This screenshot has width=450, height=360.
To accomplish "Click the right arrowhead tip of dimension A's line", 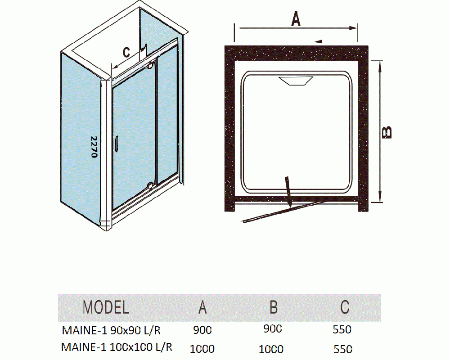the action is (357, 28).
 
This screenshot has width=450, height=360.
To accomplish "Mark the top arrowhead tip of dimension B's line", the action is (380, 61).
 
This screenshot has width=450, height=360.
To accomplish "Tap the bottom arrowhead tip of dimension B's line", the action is (380, 202).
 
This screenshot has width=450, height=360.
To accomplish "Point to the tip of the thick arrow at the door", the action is (290, 207).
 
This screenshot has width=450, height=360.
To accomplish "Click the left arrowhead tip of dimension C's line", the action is (112, 68).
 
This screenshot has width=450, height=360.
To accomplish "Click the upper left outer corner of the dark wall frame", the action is (225, 46).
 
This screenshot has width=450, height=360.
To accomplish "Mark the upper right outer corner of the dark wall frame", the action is (368, 46).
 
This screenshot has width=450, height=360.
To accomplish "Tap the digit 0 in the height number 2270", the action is (94, 155).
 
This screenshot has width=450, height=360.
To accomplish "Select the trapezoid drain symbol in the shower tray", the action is (296, 81).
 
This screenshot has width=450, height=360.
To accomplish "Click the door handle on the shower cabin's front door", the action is (116, 143).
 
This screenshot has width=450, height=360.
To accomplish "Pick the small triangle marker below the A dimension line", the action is (318, 41).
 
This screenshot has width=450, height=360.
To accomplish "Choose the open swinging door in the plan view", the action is (284, 211).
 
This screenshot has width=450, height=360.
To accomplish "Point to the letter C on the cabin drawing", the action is (126, 52).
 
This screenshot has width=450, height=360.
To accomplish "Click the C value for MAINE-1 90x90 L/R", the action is (342, 329).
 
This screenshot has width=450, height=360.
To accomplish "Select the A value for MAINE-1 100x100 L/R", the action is (202, 349).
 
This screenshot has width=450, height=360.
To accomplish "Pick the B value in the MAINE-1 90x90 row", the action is (272, 328).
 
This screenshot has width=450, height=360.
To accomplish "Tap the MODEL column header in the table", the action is (106, 307).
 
